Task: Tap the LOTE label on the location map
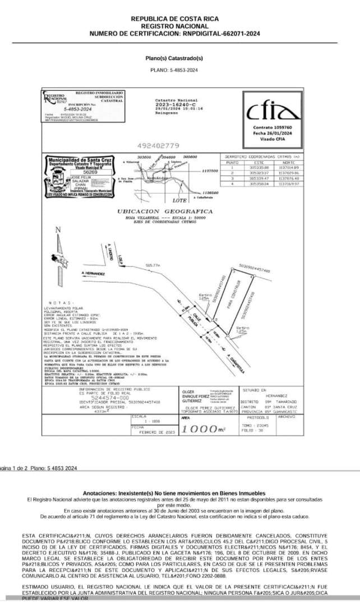(179, 200)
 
